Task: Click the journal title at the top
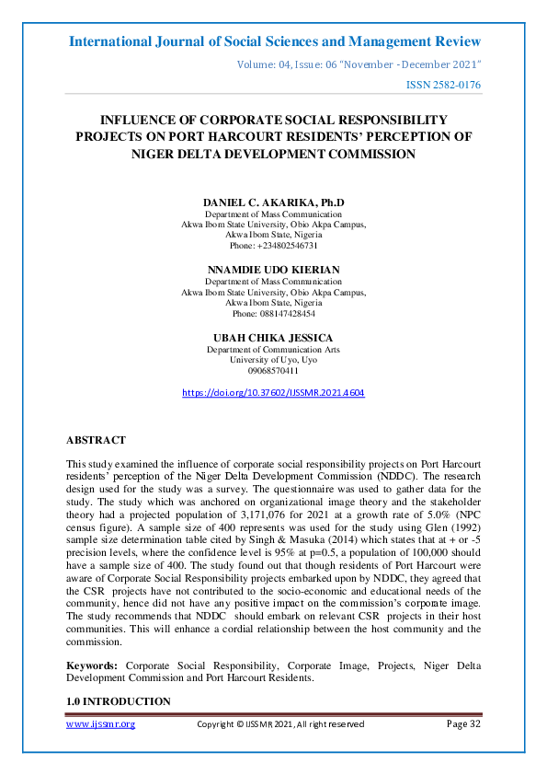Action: click(274, 41)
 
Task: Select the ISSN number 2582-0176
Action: click(444, 85)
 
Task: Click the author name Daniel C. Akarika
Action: click(273, 202)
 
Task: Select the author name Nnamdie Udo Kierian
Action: click(273, 270)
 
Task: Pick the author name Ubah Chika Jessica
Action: click(273, 338)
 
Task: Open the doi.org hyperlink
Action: click(273, 392)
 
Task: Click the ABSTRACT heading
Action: click(97, 441)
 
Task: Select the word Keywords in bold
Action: click(94, 664)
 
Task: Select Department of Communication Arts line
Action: click(273, 350)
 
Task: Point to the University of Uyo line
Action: click(273, 360)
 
